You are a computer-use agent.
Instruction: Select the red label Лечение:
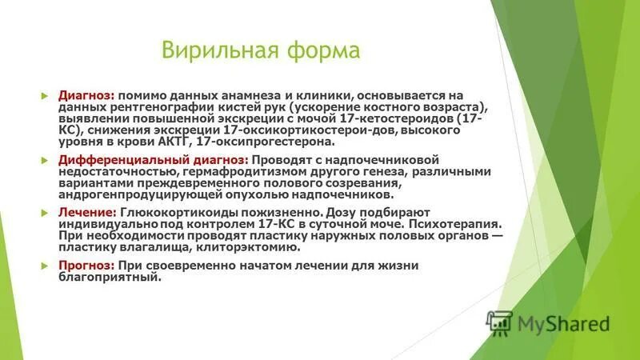87,213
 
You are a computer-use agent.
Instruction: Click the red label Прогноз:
86,266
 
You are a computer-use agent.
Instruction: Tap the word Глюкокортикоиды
172,213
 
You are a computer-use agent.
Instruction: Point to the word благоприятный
110,278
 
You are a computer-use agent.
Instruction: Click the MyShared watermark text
563,323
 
